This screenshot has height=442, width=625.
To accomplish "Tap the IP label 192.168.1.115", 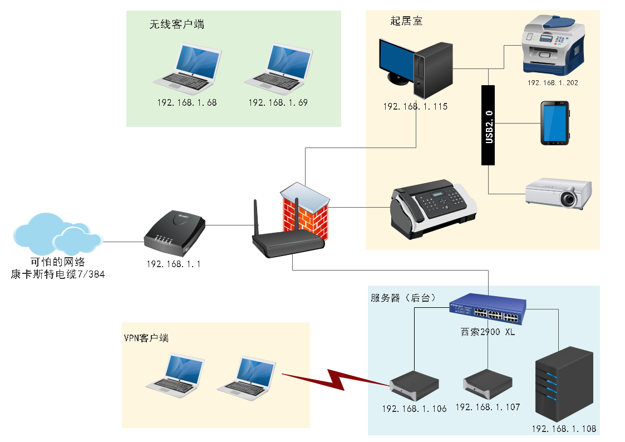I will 415,106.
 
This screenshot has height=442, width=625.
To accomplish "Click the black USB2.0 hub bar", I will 488,125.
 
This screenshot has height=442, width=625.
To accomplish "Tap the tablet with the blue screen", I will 555,124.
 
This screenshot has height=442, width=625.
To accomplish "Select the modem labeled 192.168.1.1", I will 175,234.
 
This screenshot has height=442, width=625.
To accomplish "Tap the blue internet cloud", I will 58,234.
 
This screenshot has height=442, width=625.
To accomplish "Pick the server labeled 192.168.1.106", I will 414,386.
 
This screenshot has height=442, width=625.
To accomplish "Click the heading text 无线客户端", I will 176,24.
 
